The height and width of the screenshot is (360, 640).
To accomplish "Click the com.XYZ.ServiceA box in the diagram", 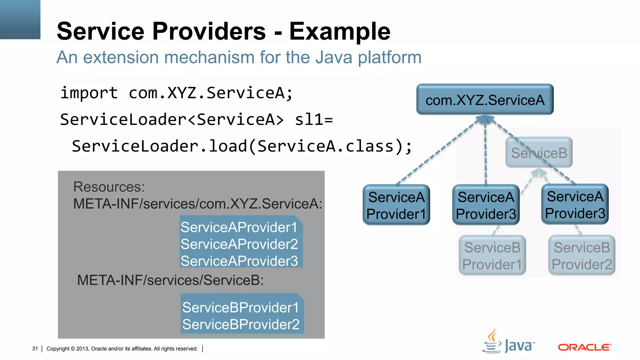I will click(485, 99).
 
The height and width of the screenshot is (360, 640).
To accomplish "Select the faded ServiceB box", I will click(539, 153).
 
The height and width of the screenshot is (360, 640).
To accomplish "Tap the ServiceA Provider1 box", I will click(396, 205).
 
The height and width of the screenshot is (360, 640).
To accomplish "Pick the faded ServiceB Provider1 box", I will click(492, 256).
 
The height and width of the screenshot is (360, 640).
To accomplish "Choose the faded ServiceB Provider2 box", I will click(582, 256).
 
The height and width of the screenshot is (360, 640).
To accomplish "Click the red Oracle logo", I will click(584, 347).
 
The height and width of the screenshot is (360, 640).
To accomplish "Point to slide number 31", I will click(35, 348).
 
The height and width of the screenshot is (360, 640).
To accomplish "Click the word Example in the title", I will click(340, 31).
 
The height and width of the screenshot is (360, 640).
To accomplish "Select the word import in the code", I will click(89, 93).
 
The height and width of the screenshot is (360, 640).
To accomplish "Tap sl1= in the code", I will click(314, 119).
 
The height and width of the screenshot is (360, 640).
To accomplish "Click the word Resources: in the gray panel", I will click(109, 187).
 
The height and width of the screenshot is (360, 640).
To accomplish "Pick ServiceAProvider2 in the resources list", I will click(239, 244).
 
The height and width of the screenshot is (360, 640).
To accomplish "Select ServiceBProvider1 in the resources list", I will click(240, 307).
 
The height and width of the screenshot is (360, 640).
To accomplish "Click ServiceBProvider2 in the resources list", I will click(241, 324).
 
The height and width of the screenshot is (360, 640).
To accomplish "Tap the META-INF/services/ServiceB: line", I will click(170, 280).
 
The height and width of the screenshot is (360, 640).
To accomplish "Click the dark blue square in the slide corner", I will click(20, 19).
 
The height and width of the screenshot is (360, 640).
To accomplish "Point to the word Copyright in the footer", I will click(58, 348).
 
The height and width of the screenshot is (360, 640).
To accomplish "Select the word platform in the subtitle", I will click(389, 57).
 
